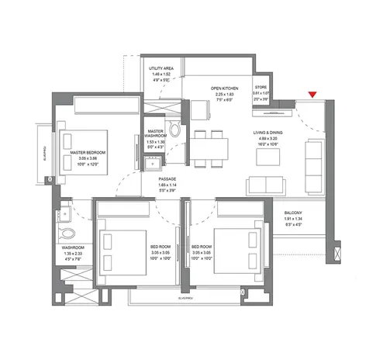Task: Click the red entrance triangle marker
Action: coord(312,95)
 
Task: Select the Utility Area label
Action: coord(160,69)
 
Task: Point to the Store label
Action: coord(262,88)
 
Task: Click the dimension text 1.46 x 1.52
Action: coord(160,74)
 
